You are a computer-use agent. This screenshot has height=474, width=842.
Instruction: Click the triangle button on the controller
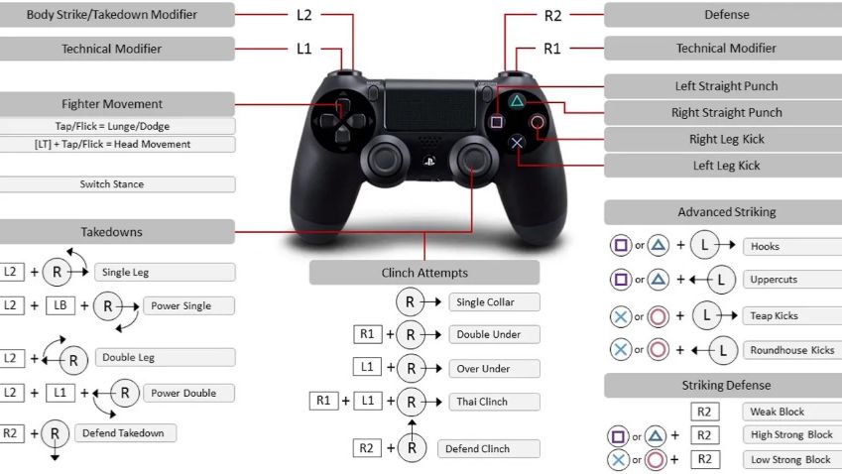click(517, 101)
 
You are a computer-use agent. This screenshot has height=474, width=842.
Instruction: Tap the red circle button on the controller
click(537, 122)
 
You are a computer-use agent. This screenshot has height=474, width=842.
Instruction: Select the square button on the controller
click(497, 122)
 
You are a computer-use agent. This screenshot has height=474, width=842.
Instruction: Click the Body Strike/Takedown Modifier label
click(112, 15)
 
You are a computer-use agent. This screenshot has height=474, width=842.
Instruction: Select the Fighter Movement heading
click(112, 104)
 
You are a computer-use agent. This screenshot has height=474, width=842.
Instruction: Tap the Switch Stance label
click(112, 184)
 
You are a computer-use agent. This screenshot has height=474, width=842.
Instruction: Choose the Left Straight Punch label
click(726, 86)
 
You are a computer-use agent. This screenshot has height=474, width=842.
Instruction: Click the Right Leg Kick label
click(726, 139)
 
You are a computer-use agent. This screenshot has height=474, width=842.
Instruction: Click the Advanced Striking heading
click(726, 212)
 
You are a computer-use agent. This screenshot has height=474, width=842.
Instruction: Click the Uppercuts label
click(774, 280)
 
